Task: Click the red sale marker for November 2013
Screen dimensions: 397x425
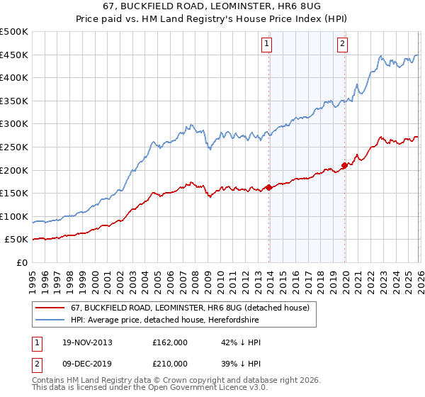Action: coord(269,187)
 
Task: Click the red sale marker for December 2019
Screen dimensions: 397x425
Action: coord(345,165)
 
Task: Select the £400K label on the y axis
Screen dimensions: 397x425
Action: coord(15,78)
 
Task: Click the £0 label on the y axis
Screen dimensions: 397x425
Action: coord(22,262)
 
